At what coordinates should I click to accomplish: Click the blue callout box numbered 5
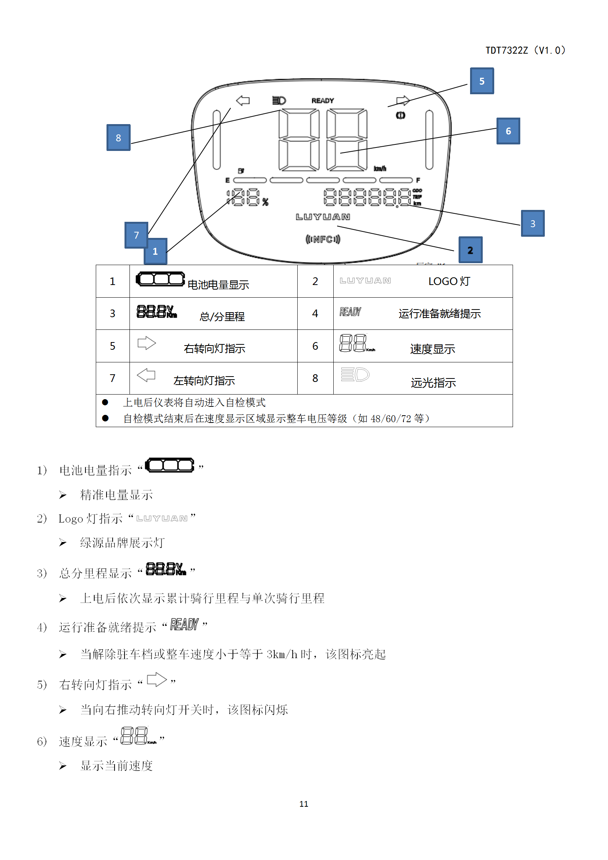[482, 81]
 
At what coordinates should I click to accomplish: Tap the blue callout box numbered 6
[508, 131]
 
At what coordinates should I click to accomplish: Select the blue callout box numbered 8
[118, 138]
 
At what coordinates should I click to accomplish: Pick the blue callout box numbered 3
[533, 223]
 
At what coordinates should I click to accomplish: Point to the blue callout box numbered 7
[136, 234]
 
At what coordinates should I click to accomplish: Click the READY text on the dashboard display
[323, 100]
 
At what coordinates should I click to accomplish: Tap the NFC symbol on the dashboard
[323, 239]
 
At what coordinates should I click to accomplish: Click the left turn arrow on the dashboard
[243, 100]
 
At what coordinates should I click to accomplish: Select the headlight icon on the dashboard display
[279, 100]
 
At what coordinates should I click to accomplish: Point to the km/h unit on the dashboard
[380, 169]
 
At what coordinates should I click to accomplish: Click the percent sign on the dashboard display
[265, 202]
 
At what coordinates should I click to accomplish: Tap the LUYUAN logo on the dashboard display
[323, 217]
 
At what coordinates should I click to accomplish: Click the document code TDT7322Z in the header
[506, 50]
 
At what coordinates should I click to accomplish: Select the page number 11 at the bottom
[304, 804]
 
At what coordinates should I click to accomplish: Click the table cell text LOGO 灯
[449, 281]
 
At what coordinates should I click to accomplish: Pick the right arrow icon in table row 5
[147, 343]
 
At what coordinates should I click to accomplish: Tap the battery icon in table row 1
[161, 279]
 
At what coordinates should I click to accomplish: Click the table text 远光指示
[433, 382]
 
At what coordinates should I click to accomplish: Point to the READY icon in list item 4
[184, 624]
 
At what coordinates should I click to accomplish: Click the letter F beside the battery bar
[418, 180]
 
